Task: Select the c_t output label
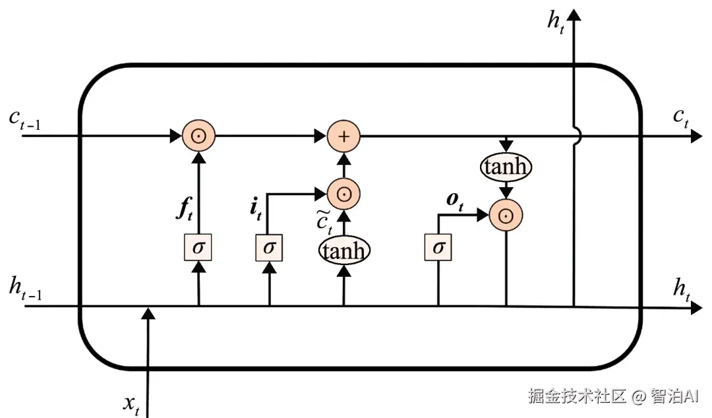pos(681,117)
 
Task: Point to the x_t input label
pos(132,404)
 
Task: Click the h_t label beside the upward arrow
pos(556,22)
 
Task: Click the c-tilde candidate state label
pos(323,221)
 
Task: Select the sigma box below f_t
pos(198,248)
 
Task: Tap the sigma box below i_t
pos(269,248)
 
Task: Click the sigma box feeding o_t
pos(438,248)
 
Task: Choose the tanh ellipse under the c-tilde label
pos(343,250)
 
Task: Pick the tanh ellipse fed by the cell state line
pos(506,167)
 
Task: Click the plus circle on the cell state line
pos(343,136)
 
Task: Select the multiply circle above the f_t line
pos(198,136)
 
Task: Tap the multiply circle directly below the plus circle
pos(343,194)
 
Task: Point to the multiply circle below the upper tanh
pos(506,215)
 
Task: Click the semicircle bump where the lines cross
pos(578,136)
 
